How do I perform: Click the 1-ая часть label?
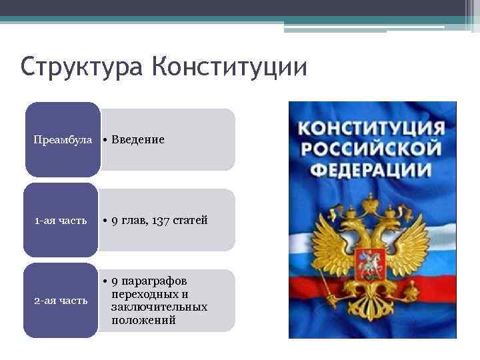pos(61,221)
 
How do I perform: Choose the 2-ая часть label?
pos(61,301)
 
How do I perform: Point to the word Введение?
pos(138,139)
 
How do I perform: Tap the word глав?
pos(135,220)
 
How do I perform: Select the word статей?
pos(190,220)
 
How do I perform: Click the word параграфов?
pos(159,281)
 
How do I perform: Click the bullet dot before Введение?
pos(105,140)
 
